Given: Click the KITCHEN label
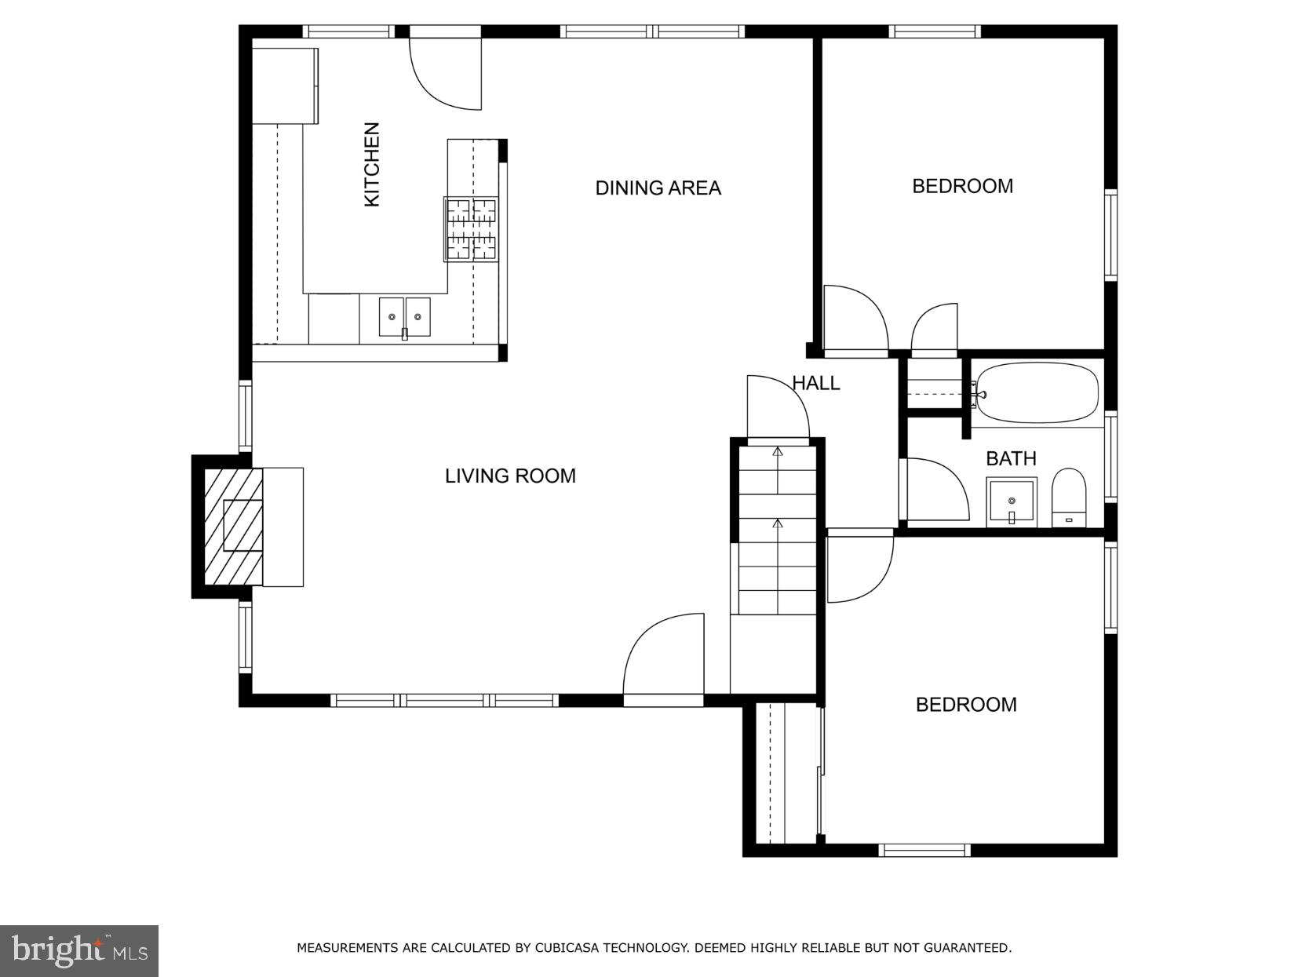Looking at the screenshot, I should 372,165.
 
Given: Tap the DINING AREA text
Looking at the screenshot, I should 658,188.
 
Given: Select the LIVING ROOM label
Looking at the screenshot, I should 510,476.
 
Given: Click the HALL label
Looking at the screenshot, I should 815,383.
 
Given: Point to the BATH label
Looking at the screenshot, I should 1011,458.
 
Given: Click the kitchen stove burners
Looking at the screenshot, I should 471,229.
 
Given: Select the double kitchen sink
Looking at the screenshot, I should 404,317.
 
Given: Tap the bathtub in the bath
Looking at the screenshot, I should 1035,392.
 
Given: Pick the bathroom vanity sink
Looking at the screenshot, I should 1012,501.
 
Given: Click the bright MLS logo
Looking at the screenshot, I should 79,951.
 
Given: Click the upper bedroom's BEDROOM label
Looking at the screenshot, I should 962,187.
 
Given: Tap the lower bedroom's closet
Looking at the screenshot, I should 782,773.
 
